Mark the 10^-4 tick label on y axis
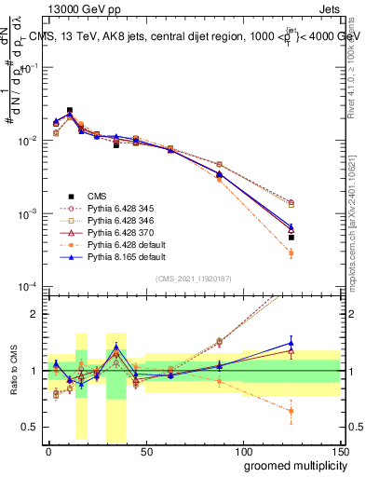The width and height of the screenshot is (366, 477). tap(27, 286)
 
